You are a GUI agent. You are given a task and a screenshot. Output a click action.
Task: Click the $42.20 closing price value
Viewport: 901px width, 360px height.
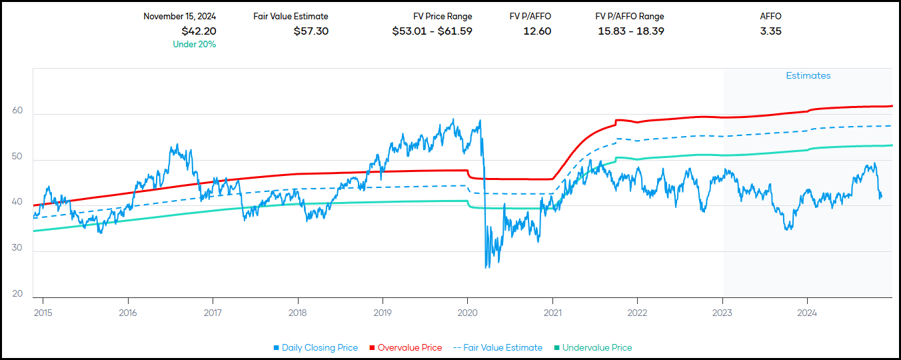[x=199, y=31]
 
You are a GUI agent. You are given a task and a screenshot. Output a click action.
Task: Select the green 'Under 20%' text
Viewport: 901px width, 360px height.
[x=194, y=45]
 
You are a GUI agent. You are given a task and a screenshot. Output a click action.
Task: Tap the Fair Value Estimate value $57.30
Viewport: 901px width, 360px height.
[x=311, y=31]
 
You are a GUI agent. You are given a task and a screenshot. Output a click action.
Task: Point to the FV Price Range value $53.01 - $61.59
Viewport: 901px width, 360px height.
[x=432, y=31]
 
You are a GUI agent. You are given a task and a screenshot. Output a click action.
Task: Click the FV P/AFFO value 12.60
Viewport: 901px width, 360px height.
[x=537, y=31]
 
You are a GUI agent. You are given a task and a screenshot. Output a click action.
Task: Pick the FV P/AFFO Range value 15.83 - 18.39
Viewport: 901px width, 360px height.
[x=630, y=31]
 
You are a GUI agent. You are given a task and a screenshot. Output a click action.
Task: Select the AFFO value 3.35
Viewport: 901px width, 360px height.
[x=770, y=31]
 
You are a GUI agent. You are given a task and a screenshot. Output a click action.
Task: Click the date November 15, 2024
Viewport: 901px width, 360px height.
[x=179, y=17]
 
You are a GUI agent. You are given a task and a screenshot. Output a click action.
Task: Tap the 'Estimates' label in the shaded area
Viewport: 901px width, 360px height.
[x=808, y=76]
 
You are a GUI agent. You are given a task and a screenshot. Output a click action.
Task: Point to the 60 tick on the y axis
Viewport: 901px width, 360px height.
[x=17, y=112]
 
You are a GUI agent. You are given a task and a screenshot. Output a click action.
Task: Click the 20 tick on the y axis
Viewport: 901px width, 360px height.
[x=17, y=294]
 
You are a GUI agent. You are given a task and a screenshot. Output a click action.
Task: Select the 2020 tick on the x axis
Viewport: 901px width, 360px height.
[x=467, y=312]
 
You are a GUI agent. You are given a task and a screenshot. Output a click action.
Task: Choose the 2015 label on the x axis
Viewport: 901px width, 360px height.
[x=43, y=312]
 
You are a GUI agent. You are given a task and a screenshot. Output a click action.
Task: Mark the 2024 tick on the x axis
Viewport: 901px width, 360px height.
[x=807, y=312]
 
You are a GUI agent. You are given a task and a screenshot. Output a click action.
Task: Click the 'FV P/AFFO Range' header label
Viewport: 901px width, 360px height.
[x=630, y=17]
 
